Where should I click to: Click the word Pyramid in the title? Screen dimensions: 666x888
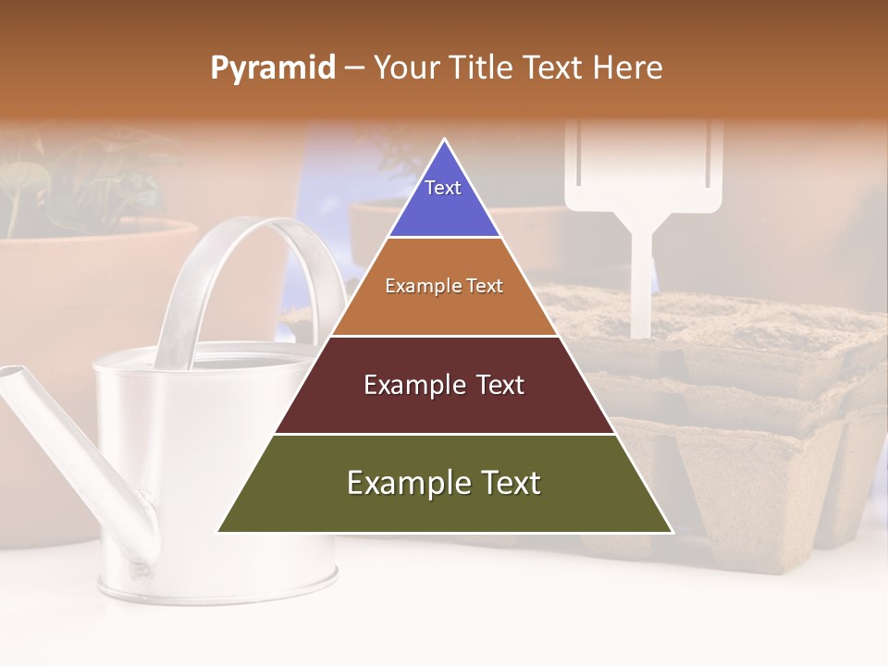tap(272, 68)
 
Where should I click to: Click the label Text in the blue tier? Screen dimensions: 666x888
tap(443, 188)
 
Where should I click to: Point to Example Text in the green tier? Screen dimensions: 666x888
tap(444, 483)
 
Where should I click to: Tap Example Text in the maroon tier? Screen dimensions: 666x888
tap(444, 385)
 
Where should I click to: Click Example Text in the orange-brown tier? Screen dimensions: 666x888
tap(444, 287)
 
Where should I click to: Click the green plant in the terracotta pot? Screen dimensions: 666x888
tap(37, 185)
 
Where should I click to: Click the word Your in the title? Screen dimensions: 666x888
tap(402, 68)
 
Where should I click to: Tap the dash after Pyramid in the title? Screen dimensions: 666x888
tap(353, 68)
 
